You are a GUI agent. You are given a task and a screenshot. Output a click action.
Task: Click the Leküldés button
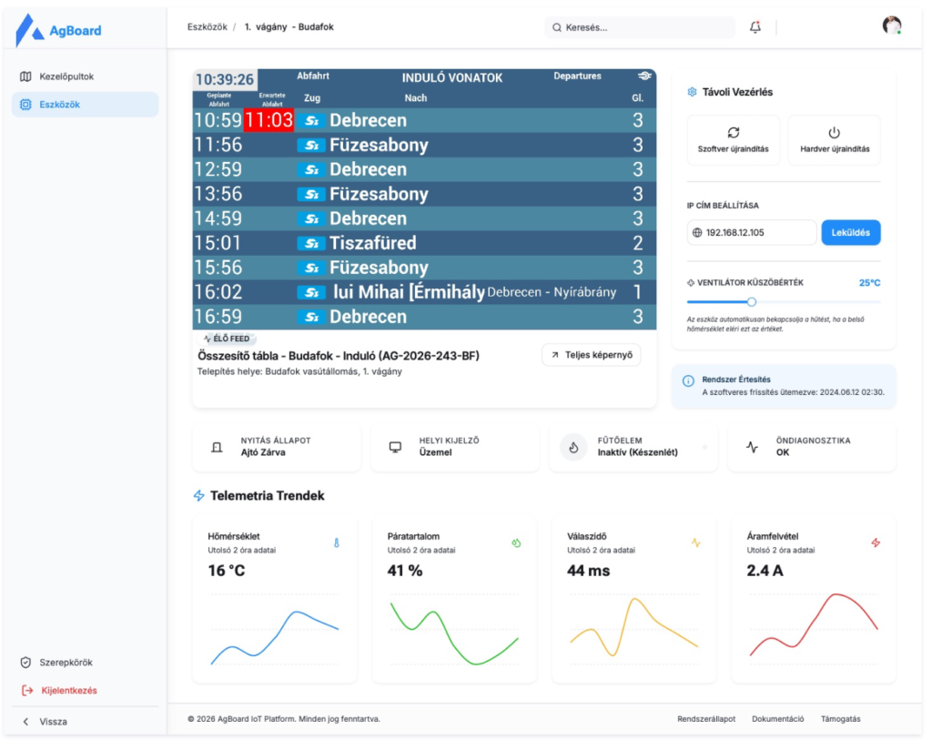851,232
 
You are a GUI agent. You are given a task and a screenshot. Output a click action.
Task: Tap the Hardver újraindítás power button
834,139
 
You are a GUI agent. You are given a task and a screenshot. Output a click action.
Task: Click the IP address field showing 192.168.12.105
751,232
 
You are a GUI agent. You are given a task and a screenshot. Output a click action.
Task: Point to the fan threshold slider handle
751,302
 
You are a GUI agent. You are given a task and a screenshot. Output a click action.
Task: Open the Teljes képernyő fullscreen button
592,355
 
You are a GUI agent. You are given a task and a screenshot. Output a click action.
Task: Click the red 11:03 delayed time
268,120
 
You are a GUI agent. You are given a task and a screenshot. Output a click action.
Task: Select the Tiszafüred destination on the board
372,242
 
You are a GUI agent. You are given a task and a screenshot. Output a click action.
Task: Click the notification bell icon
755,26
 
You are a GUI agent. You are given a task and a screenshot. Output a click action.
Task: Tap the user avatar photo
892,25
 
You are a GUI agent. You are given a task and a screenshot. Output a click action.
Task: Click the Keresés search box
640,27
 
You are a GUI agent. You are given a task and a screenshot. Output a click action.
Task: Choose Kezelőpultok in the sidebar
66,76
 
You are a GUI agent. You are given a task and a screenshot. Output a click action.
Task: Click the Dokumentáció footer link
777,718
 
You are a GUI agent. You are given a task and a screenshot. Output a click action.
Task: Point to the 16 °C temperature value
227,571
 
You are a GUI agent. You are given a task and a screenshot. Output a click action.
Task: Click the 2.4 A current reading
765,571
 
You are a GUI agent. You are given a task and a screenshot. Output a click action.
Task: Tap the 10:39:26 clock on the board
225,79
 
